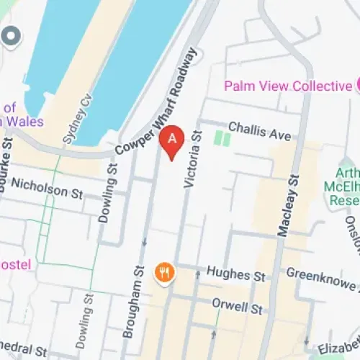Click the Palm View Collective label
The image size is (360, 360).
tap(287, 86)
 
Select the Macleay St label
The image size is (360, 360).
tap(286, 206)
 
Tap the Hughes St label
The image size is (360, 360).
tap(236, 274)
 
